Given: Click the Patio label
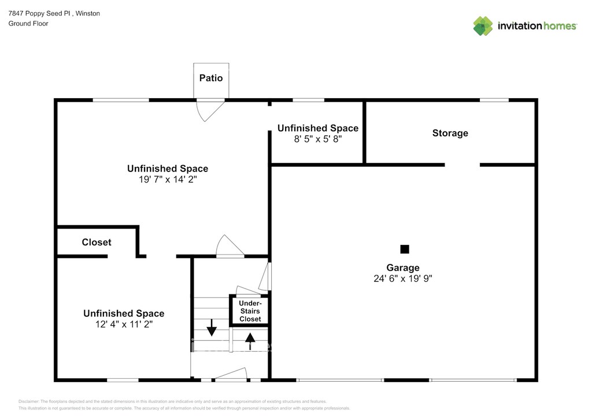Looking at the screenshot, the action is click(211, 78).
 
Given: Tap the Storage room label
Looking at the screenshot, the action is click(450, 133).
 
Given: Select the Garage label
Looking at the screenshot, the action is click(403, 268).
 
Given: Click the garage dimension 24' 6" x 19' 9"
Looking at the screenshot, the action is click(403, 278).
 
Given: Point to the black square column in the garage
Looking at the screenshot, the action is click(405, 249).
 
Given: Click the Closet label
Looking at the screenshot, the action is click(97, 242).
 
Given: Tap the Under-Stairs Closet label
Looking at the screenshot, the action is click(250, 311).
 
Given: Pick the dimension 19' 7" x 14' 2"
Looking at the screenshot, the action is click(168, 180).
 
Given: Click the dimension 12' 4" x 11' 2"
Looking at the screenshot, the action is click(124, 324).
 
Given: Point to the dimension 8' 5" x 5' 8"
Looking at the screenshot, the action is click(317, 139).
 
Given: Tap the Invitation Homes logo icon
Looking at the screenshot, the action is click(483, 26).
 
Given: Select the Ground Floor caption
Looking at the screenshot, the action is click(28, 24).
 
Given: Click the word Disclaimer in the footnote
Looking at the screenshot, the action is click(29, 401).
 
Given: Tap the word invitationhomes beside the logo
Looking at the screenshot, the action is click(537, 26).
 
